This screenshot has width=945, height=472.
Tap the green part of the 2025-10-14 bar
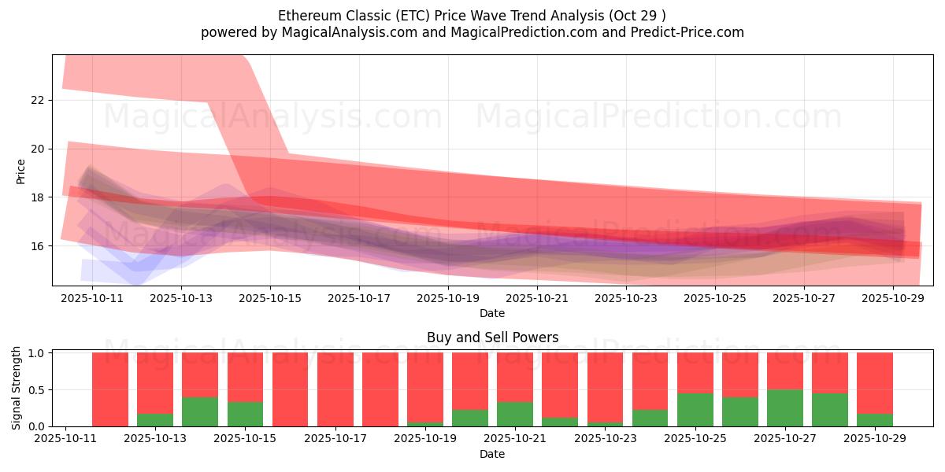click(x=200, y=411)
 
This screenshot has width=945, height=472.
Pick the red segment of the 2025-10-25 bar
click(x=695, y=372)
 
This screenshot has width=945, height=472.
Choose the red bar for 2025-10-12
click(x=110, y=389)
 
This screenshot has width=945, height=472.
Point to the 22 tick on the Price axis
click(x=38, y=100)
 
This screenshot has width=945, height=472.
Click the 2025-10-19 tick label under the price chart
click(x=448, y=298)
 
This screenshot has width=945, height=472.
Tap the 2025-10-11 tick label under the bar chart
click(x=65, y=439)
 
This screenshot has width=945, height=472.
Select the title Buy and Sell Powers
click(x=492, y=337)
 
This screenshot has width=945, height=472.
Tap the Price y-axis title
click(x=21, y=171)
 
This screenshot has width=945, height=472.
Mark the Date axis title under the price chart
click(x=492, y=313)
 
